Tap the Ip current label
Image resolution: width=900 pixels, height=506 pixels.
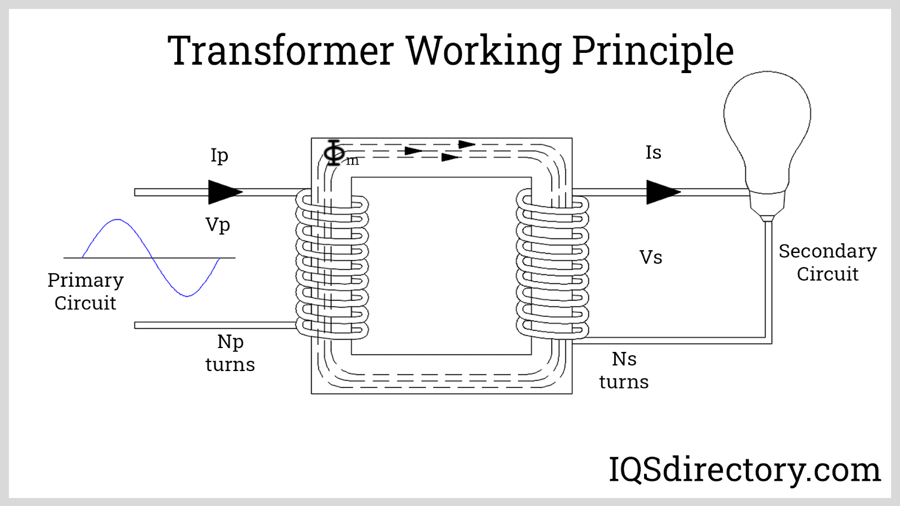tap(219, 155)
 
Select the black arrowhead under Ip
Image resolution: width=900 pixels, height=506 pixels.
tap(224, 192)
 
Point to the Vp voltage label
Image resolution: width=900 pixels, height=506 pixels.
tap(218, 225)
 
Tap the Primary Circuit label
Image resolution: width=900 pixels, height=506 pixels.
tap(85, 291)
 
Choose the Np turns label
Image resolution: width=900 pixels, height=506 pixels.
tap(230, 353)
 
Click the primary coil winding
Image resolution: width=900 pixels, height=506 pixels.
tap(332, 264)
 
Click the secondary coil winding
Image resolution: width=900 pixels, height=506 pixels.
tap(552, 264)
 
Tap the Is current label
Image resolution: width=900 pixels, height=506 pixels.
tap(653, 152)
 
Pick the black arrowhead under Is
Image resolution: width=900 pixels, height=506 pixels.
tap(663, 192)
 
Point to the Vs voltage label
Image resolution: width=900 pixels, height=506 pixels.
tap(651, 257)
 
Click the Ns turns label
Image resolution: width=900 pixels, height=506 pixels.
tap(624, 371)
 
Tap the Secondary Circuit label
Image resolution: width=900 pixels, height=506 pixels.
tap(827, 263)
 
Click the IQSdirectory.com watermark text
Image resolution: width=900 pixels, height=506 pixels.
tap(744, 470)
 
